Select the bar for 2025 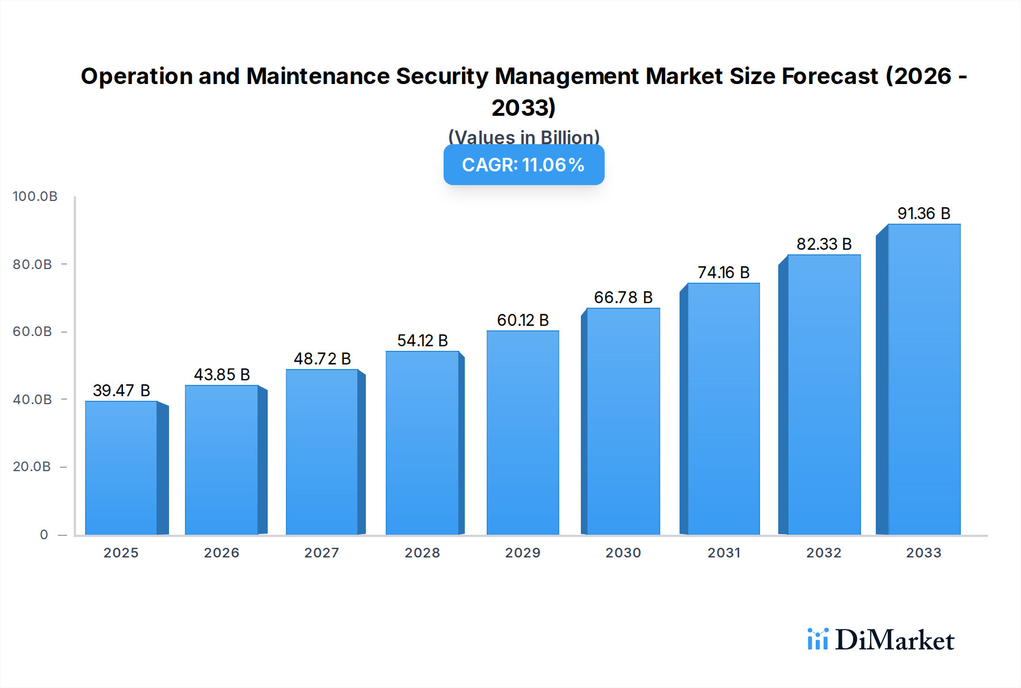[121, 468]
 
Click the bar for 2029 [522, 433]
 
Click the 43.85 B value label [222, 375]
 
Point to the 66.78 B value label [623, 297]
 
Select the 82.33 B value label [824, 244]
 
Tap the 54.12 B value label [423, 341]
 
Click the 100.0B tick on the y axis [35, 196]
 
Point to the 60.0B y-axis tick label [32, 332]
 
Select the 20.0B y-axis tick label [32, 467]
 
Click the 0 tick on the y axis [44, 535]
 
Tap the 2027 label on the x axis [322, 553]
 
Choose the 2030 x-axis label [623, 553]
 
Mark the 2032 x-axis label [824, 553]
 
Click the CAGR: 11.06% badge [524, 165]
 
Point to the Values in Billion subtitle [524, 137]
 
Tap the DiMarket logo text [895, 640]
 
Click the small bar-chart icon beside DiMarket [817, 639]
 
